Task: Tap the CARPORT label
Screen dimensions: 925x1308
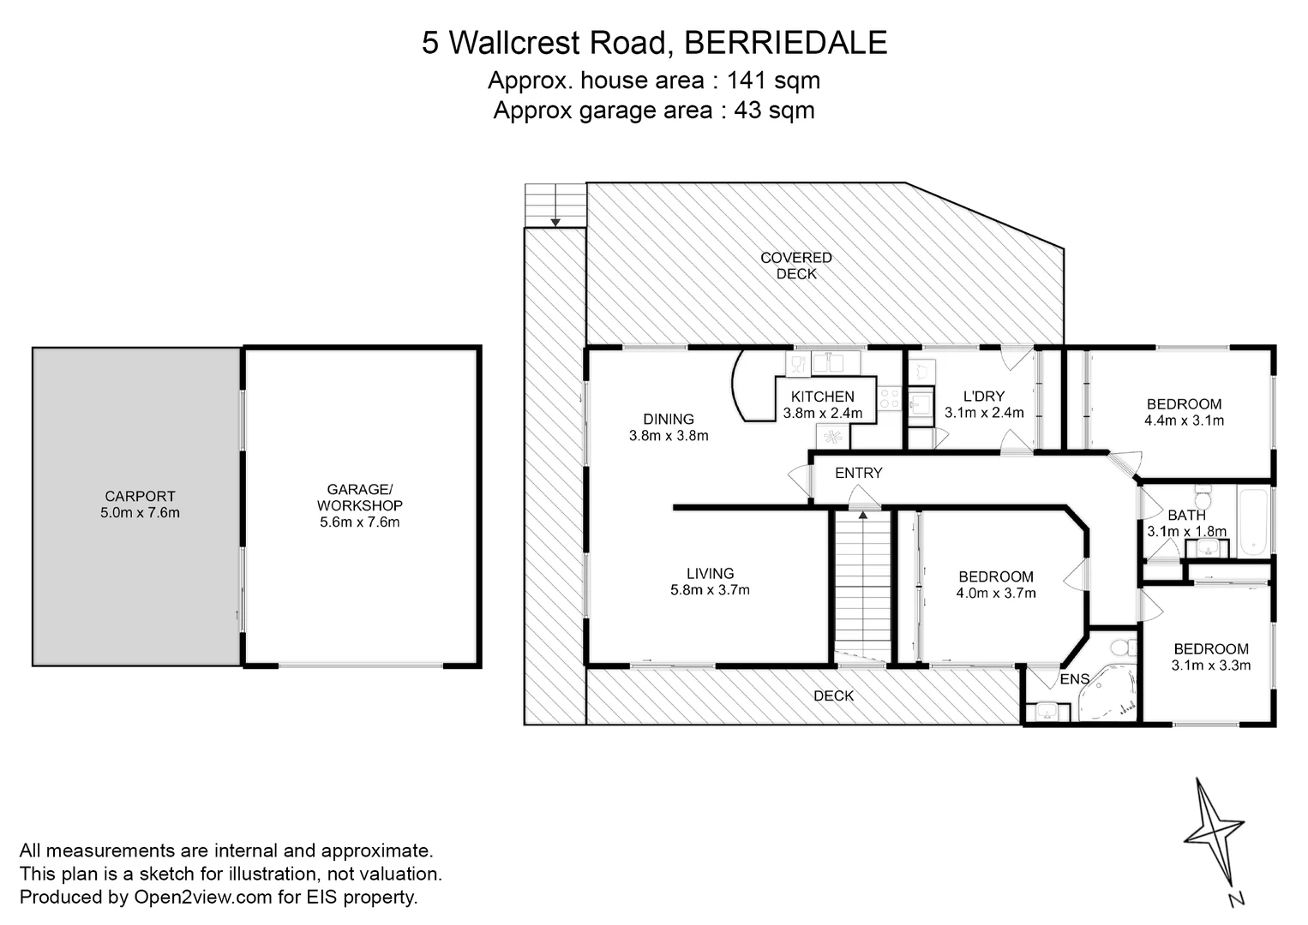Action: click(x=140, y=496)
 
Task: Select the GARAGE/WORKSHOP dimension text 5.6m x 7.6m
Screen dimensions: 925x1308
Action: click(x=354, y=522)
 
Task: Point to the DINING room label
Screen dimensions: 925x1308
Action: click(x=669, y=419)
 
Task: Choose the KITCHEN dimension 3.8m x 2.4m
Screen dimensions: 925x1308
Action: click(x=822, y=413)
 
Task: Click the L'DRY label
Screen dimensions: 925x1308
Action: click(x=983, y=396)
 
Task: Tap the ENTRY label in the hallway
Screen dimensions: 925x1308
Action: click(x=858, y=473)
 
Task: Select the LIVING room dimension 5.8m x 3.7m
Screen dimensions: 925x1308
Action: click(x=710, y=590)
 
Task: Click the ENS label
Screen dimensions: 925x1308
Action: click(x=1075, y=679)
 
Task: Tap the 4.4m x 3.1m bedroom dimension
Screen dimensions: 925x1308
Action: click(x=1184, y=421)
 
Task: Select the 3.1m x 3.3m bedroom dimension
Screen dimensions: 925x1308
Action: click(x=1211, y=665)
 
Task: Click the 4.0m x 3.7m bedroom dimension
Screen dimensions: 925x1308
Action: click(x=996, y=593)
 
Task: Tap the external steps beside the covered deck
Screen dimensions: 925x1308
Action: click(x=555, y=205)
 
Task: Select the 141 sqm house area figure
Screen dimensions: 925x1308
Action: click(x=773, y=81)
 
